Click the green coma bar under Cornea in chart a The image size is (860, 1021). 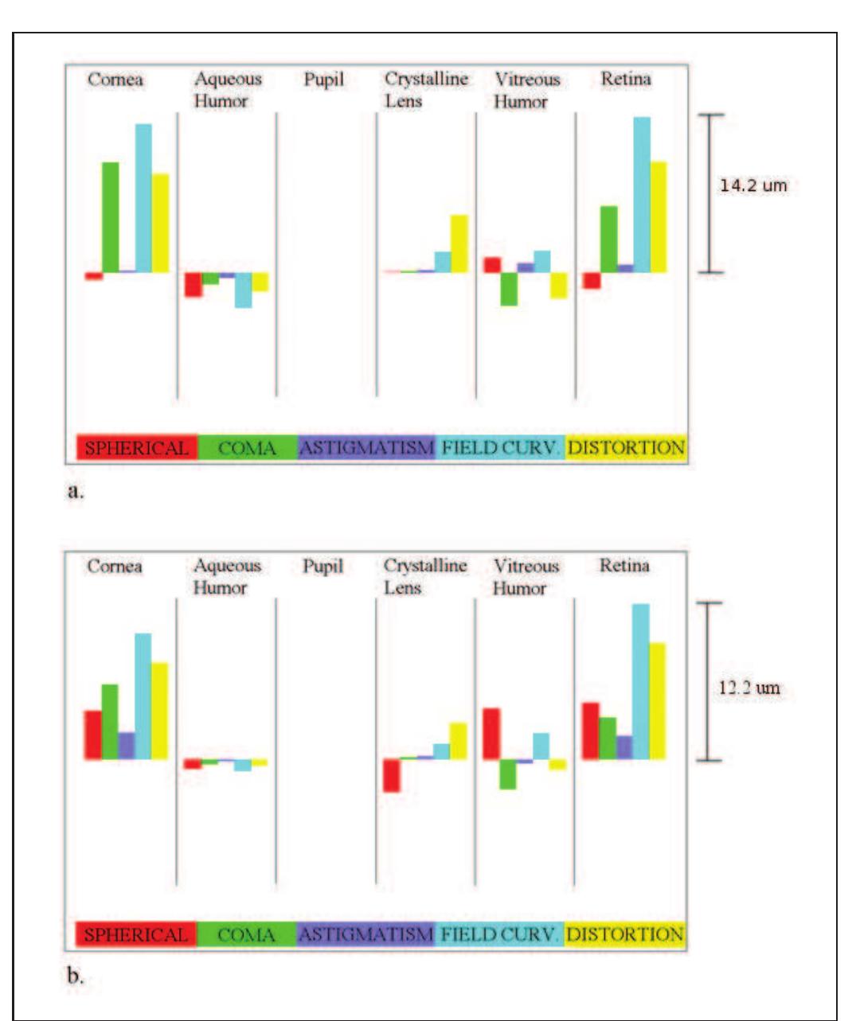click(x=111, y=217)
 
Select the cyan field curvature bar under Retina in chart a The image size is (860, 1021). click(x=642, y=195)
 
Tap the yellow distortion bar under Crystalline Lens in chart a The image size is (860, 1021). click(x=459, y=244)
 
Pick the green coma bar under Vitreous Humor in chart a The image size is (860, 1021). click(x=509, y=289)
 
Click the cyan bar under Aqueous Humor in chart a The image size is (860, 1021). click(x=243, y=290)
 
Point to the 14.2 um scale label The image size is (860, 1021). click(x=753, y=185)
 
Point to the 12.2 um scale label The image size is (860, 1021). click(x=749, y=688)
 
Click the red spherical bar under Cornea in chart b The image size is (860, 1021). click(x=93, y=735)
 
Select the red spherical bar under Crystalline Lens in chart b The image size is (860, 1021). click(x=391, y=775)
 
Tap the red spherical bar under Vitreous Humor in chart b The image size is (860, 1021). click(x=491, y=733)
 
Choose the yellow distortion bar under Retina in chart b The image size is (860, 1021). click(x=658, y=700)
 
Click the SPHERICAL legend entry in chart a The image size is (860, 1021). click(x=137, y=448)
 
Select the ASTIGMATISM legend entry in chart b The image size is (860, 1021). click(x=365, y=934)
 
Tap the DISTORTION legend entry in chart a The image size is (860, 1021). click(x=626, y=448)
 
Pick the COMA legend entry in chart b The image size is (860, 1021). click(x=246, y=934)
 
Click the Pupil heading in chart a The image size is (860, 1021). click(x=324, y=80)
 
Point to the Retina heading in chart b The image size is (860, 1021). click(x=624, y=566)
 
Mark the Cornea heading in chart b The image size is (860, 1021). click(x=115, y=567)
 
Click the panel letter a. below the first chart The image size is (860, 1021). click(x=76, y=491)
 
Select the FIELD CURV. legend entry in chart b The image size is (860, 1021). click(x=499, y=934)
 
